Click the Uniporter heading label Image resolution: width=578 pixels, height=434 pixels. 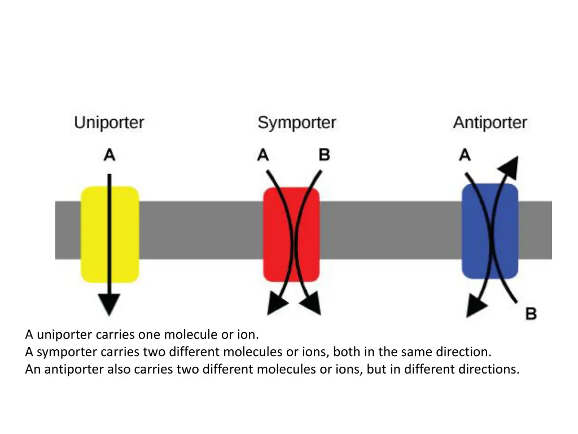coord(109,123)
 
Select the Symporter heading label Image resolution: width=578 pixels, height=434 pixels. coord(296,123)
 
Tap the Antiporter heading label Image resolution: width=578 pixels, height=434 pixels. coord(489,123)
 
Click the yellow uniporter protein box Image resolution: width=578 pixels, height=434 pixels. coord(110,234)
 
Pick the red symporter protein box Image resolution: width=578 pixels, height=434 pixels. coord(291,234)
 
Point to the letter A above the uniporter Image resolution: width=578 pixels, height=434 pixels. coord(110,154)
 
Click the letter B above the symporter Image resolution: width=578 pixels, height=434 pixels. coord(324,154)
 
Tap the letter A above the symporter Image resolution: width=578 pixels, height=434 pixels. coord(263,154)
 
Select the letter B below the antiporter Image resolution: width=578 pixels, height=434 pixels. coord(531,314)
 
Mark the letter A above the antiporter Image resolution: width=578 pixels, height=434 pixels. coord(465,154)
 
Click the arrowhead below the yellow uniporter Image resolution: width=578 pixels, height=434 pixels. coord(110,305)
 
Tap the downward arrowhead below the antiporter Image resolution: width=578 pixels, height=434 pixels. coord(476,307)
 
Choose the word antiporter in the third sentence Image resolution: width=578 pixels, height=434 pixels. coord(71,370)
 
